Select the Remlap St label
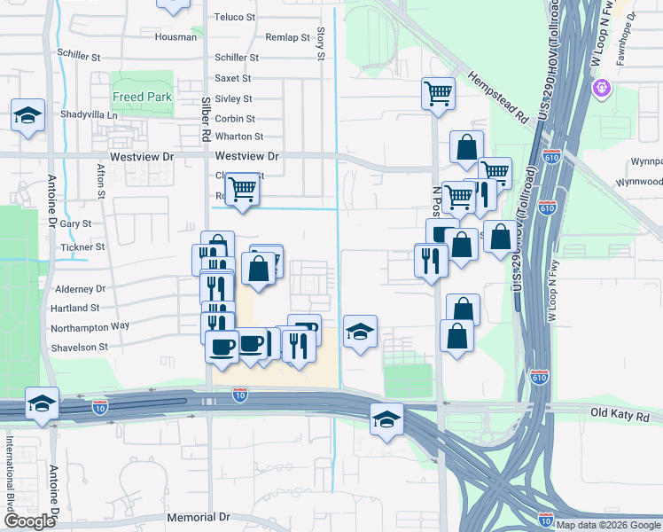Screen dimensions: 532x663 [x=287, y=38]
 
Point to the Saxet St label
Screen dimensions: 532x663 [x=237, y=79]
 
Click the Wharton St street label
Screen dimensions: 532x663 [x=239, y=137]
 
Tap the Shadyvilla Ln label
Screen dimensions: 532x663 [x=89, y=115]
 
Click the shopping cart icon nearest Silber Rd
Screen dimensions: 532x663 [x=242, y=188]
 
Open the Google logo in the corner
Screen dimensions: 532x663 [x=29, y=522]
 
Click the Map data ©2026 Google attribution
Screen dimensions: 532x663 [x=608, y=525]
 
